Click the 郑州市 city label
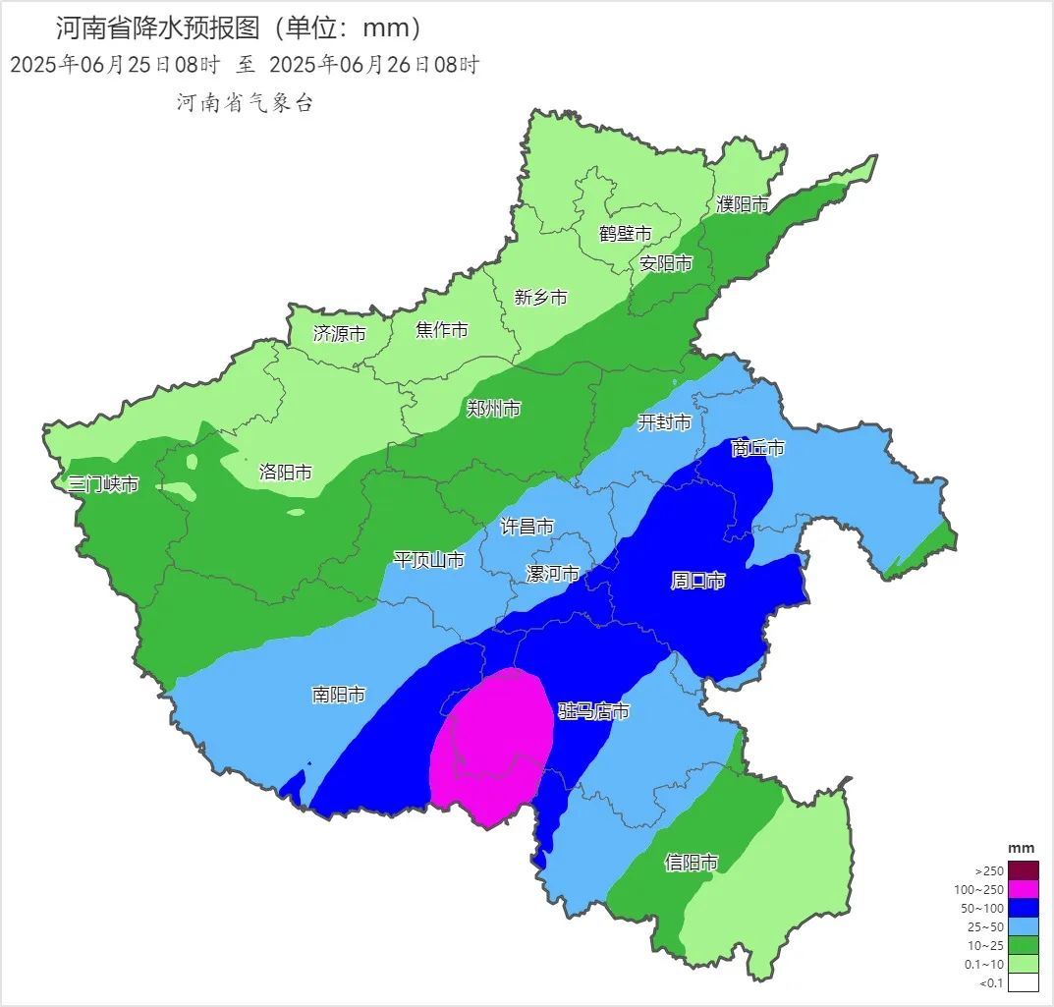pyautogui.click(x=493, y=409)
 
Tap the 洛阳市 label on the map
pyautogui.click(x=285, y=473)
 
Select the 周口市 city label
pyautogui.click(x=697, y=581)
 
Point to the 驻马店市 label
pyautogui.click(x=593, y=711)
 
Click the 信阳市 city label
pyautogui.click(x=691, y=863)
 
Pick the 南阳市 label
pyautogui.click(x=338, y=695)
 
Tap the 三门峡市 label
pyautogui.click(x=103, y=484)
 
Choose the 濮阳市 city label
pyautogui.click(x=742, y=204)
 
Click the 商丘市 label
pyautogui.click(x=758, y=448)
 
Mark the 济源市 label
pyautogui.click(x=339, y=334)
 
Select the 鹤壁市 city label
pyautogui.click(x=626, y=234)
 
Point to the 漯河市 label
pyautogui.click(x=553, y=574)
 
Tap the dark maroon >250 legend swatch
pyautogui.click(x=1023, y=870)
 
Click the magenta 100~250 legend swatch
pyautogui.click(x=1023, y=890)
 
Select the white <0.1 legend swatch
pyautogui.click(x=1023, y=982)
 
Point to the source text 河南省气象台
pyautogui.click(x=245, y=103)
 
